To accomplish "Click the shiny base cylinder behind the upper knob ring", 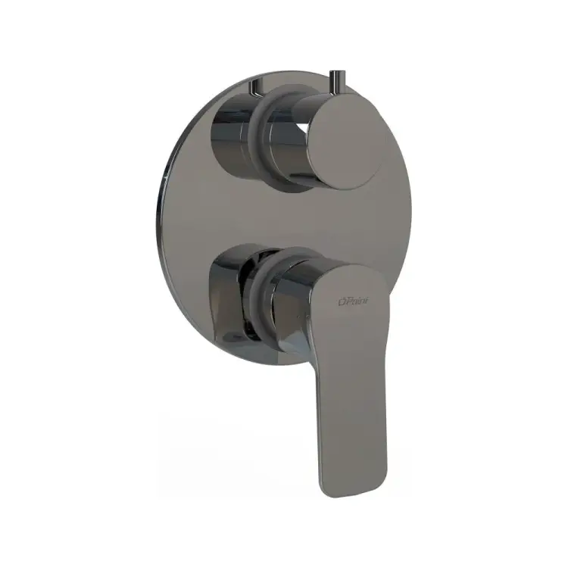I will pyautogui.click(x=230, y=136).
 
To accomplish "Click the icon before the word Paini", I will pyautogui.click(x=340, y=302).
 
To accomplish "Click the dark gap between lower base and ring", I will pyautogui.click(x=244, y=303).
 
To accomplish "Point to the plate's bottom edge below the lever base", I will pyautogui.click(x=250, y=362).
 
